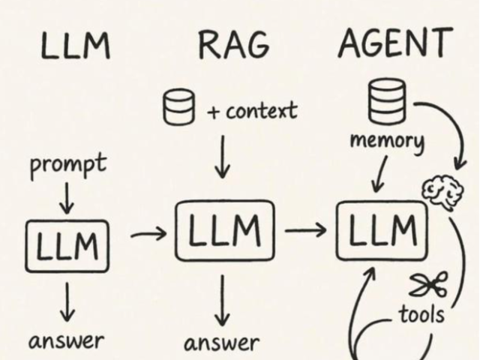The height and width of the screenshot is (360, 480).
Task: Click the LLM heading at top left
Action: [x=74, y=46]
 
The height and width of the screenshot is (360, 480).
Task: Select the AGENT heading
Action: [x=395, y=43]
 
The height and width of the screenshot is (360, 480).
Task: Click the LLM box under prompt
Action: [x=67, y=244]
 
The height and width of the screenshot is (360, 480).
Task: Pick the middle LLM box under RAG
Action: [x=224, y=229]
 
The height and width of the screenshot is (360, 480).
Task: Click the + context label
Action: [x=252, y=112]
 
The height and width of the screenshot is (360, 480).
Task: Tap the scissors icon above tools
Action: [x=428, y=284]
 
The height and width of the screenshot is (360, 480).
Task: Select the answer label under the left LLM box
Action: [x=66, y=341]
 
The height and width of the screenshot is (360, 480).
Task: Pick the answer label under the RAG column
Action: [x=221, y=343]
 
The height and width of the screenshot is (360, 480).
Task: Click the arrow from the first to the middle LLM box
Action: [x=148, y=235]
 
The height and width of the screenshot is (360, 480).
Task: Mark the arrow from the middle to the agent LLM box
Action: [x=306, y=229]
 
